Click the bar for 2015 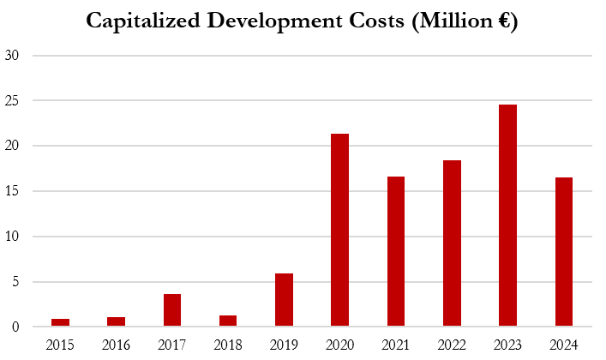click(61, 322)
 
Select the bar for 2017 click(172, 310)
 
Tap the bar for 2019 click(285, 300)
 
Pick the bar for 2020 click(340, 231)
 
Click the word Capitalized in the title click(142, 22)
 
